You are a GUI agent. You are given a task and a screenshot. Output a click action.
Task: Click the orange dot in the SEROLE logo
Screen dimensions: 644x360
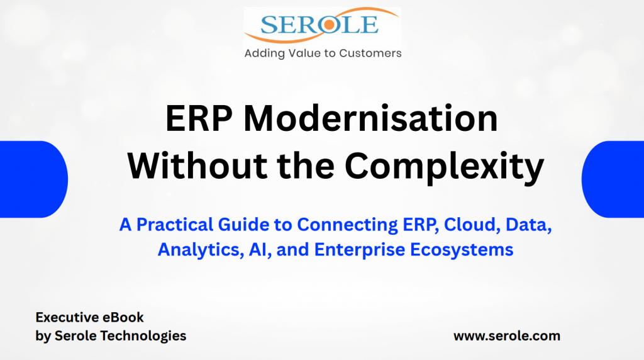[329, 25]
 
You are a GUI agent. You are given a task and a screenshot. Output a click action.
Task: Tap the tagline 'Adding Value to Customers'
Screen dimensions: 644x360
[323, 53]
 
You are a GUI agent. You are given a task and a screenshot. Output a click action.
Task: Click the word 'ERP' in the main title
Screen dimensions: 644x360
[199, 118]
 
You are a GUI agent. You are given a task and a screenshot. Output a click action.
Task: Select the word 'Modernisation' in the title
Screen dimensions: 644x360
[370, 118]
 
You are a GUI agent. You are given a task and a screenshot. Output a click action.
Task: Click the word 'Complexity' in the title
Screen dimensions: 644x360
[445, 167]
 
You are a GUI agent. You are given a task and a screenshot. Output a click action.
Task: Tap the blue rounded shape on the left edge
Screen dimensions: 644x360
[34, 179]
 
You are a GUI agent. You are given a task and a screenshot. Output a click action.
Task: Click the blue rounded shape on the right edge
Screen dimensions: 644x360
[613, 179]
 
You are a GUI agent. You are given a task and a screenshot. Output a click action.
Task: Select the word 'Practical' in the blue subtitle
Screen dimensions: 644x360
[175, 225]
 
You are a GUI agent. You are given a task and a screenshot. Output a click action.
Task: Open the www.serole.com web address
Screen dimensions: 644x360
[507, 336]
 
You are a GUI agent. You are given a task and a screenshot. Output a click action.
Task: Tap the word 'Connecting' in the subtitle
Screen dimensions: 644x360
[347, 225]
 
